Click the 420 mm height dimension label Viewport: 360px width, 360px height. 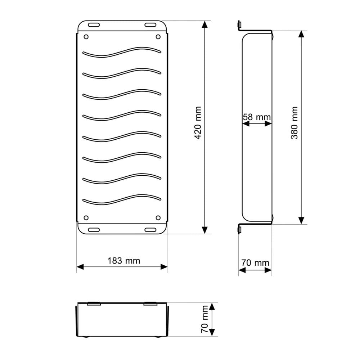[198, 123]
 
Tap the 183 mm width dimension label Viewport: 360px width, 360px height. [124, 261]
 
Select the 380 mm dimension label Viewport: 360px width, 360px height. [294, 123]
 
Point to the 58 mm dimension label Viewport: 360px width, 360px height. [257, 117]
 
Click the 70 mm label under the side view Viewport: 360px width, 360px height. [255, 263]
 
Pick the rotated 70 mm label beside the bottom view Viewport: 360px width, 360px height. [204, 319]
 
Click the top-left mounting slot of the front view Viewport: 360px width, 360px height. [94, 25]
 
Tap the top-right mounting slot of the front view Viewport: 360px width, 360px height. [150, 25]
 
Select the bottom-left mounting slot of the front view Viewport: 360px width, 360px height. [94, 230]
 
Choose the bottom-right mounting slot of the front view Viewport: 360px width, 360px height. [150, 230]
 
